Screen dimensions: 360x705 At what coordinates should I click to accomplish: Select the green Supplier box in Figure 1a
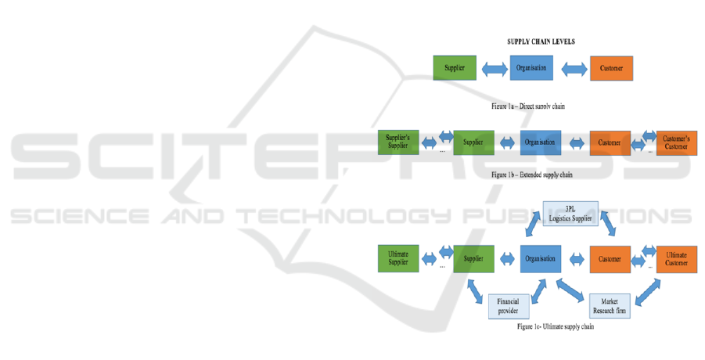455,68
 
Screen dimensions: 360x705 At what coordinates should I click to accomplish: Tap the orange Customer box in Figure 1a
611,68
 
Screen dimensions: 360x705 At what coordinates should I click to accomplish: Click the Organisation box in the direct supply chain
532,67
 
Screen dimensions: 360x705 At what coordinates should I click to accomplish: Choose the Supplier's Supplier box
399,142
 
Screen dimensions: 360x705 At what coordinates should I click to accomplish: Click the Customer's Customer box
676,142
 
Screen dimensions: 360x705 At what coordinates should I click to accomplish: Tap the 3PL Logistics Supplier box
570,213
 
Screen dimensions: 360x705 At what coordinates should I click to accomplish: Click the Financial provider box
503,306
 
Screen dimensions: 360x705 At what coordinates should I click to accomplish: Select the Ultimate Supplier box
399,257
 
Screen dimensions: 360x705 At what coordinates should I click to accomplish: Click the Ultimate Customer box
676,257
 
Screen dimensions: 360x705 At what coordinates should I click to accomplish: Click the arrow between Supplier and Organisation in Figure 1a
493,70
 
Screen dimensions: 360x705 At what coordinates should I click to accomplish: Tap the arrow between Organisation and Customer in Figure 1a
572,70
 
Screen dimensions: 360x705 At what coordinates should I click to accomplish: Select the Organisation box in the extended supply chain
540,142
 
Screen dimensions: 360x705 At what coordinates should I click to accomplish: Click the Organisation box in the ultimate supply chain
540,257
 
